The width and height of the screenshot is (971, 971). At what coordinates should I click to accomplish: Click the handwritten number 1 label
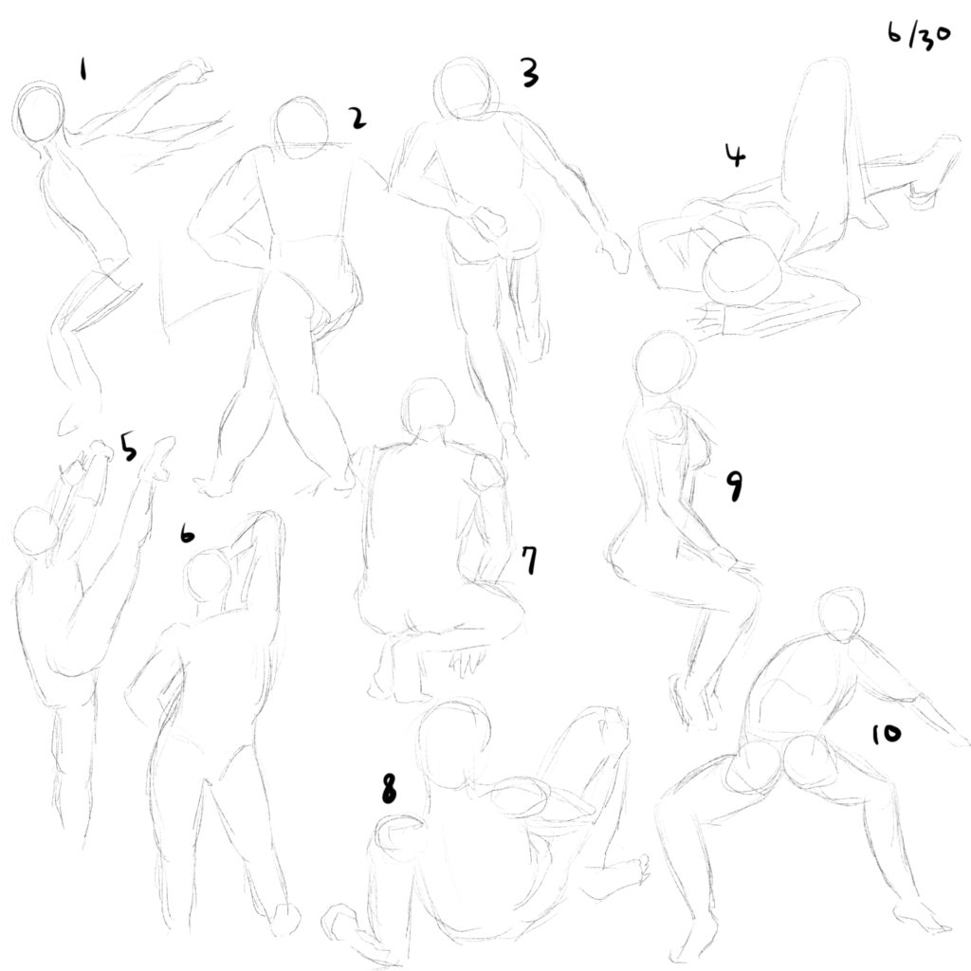pyautogui.click(x=83, y=68)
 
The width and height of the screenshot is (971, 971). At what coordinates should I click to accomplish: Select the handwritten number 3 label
pyautogui.click(x=529, y=72)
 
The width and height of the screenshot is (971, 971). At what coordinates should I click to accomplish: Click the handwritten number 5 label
pyautogui.click(x=128, y=448)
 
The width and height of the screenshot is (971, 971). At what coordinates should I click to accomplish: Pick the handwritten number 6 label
pyautogui.click(x=187, y=534)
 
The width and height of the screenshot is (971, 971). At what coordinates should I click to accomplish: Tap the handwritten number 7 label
pyautogui.click(x=529, y=560)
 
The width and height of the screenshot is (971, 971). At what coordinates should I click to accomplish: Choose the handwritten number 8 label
pyautogui.click(x=389, y=789)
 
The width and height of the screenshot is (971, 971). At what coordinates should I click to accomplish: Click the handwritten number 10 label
pyautogui.click(x=887, y=735)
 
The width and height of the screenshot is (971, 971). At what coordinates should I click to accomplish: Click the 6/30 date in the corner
pyautogui.click(x=918, y=35)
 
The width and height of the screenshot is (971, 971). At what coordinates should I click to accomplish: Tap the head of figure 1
pyautogui.click(x=38, y=113)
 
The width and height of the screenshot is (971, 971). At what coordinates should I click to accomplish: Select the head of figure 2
pyautogui.click(x=302, y=128)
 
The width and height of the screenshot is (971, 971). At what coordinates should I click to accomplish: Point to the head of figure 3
pyautogui.click(x=466, y=88)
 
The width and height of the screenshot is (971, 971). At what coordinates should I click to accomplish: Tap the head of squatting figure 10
pyautogui.click(x=842, y=615)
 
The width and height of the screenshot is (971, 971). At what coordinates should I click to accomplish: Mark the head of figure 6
pyautogui.click(x=208, y=574)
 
